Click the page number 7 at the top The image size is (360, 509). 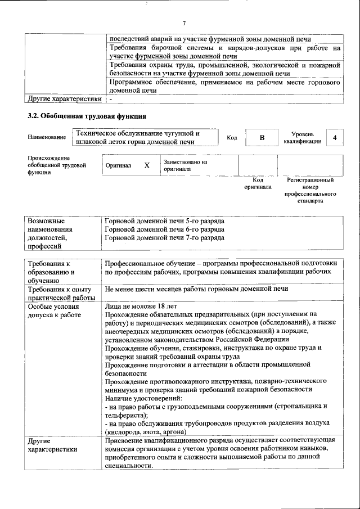tap(184, 23)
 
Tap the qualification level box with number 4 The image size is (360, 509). tap(335, 138)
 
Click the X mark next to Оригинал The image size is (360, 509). tap(147, 166)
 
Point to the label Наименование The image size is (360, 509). tap(46, 137)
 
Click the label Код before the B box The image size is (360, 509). tap(231, 138)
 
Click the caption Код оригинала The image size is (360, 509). tap(258, 183)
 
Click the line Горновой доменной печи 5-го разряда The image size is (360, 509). tap(164, 220)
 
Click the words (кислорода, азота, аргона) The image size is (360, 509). tap(150, 431)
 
